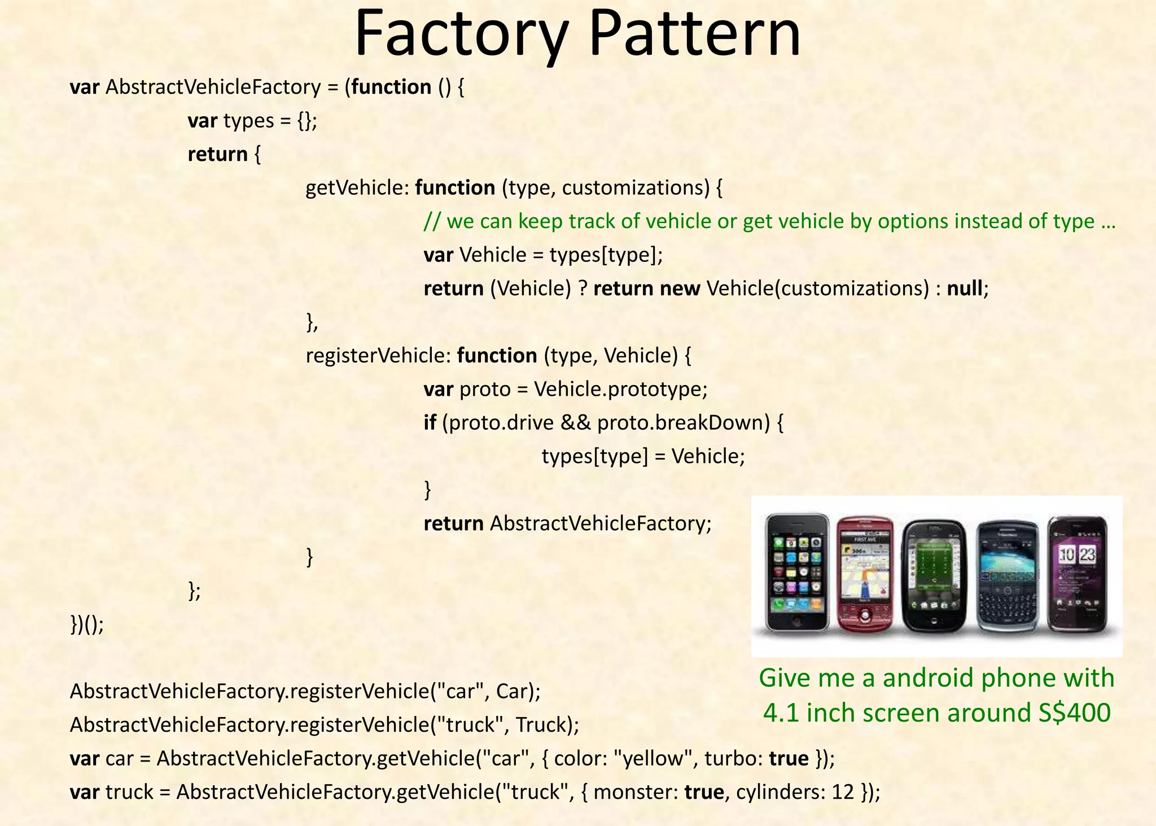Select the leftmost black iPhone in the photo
point(796,573)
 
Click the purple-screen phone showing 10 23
point(1077,573)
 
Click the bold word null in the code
point(965,289)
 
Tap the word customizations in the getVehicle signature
point(635,188)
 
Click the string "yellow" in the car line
point(656,758)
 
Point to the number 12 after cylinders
point(843,792)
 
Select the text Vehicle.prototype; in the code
point(620,390)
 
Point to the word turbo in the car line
point(731,758)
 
